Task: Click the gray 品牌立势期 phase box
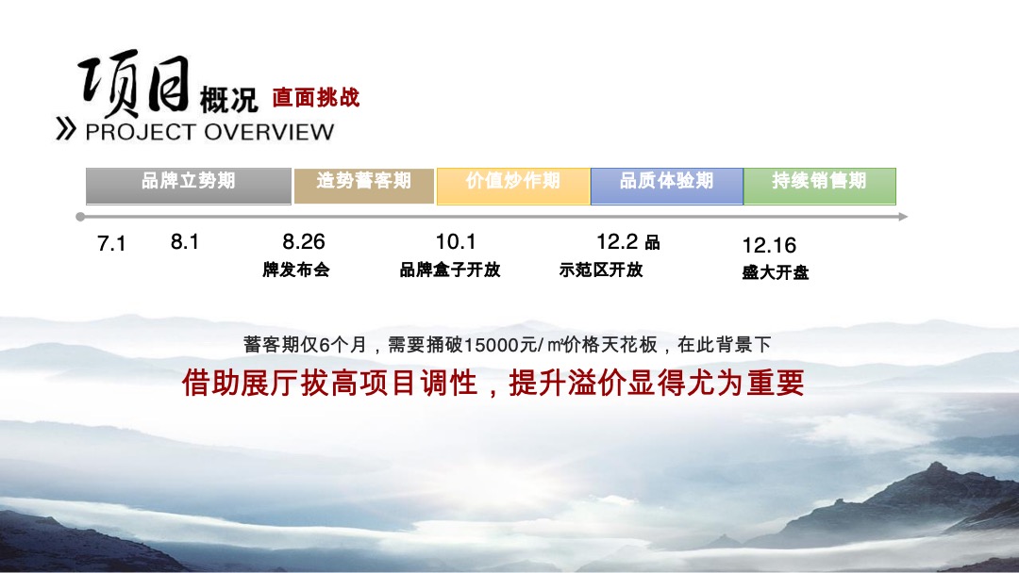click(x=189, y=186)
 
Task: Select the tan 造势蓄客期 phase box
click(x=364, y=186)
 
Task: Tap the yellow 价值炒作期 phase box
click(x=513, y=186)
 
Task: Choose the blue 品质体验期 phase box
click(x=666, y=186)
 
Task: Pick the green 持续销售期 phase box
click(x=819, y=186)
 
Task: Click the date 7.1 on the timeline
click(x=111, y=244)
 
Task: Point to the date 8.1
click(x=185, y=242)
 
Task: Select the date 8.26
click(x=304, y=242)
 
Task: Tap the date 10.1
click(x=456, y=242)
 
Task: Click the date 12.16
click(x=769, y=246)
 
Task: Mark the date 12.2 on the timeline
click(x=617, y=242)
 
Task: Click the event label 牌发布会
click(x=296, y=270)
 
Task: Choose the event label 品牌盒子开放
click(x=450, y=270)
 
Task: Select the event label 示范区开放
click(x=601, y=270)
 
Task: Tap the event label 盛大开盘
click(x=776, y=273)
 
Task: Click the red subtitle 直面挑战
click(x=316, y=98)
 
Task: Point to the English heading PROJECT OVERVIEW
click(x=209, y=131)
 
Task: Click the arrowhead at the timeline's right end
click(x=903, y=217)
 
